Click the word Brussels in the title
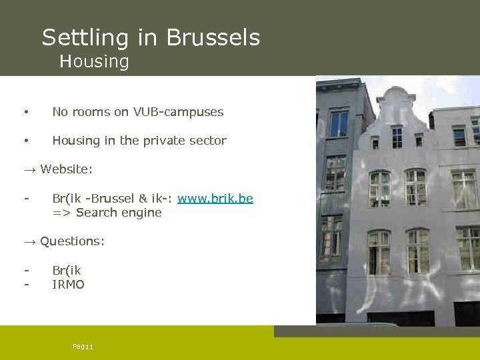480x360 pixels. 213,37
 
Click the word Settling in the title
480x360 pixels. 86,37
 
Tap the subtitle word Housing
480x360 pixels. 94,62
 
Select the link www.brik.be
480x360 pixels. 215,199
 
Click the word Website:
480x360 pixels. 66,169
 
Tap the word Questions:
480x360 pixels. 72,241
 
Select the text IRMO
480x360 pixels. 68,285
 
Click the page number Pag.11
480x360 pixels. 83,347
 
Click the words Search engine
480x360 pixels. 119,213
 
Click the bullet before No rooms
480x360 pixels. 25,112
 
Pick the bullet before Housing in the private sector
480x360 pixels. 25,141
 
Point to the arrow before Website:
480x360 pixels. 31,169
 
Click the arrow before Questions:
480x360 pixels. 31,241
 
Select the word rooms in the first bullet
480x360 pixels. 90,112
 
